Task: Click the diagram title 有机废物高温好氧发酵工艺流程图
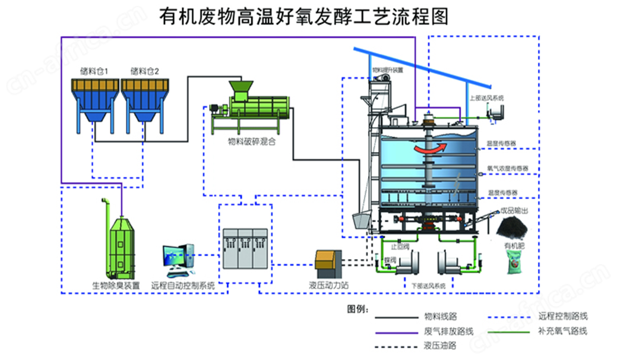tap(303, 16)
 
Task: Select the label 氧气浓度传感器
tap(508, 168)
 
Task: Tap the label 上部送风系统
tap(486, 97)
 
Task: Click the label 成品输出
tap(514, 210)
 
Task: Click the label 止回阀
tap(400, 246)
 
